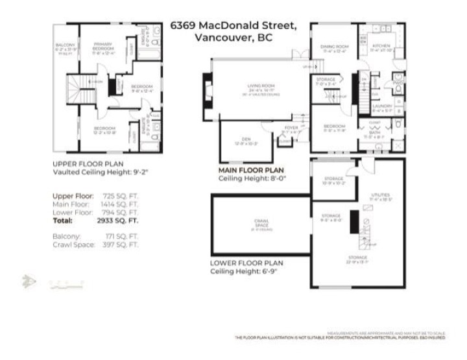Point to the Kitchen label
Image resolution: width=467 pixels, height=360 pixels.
(x=381, y=46)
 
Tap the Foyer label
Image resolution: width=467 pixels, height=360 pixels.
(x=291, y=128)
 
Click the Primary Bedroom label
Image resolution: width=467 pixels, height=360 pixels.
(x=102, y=47)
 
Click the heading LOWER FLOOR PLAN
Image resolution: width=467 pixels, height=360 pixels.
(x=246, y=263)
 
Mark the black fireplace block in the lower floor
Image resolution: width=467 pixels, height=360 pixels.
(x=354, y=222)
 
